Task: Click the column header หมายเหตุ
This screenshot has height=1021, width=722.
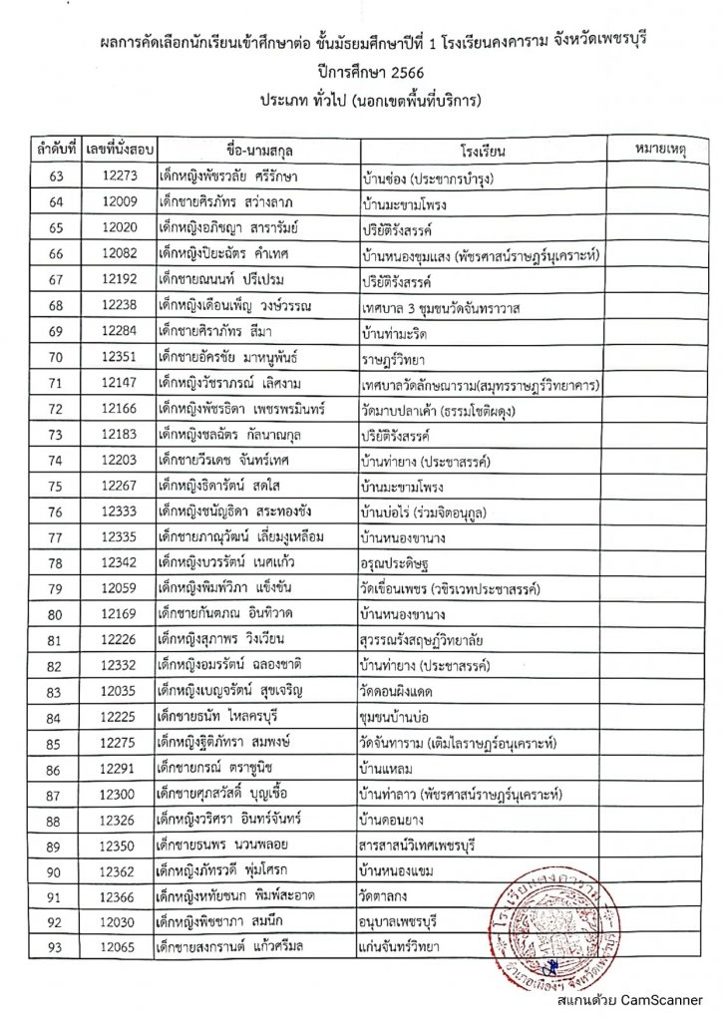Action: click(x=661, y=152)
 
